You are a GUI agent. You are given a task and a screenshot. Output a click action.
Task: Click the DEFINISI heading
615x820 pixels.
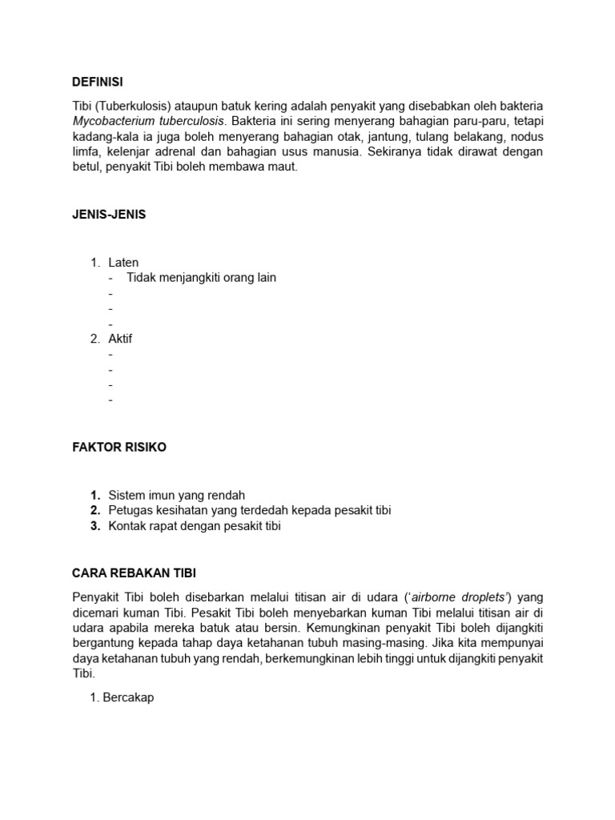pyautogui.click(x=98, y=82)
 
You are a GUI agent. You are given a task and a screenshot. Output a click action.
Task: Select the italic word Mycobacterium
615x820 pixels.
pyautogui.click(x=112, y=121)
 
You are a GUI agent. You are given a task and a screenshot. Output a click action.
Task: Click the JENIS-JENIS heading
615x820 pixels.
pyautogui.click(x=109, y=215)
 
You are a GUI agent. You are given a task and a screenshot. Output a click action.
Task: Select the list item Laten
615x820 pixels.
pyautogui.click(x=123, y=263)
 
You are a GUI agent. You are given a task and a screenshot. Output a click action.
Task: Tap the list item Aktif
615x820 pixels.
pyautogui.click(x=120, y=339)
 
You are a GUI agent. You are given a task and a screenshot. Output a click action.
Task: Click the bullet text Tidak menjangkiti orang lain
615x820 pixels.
pyautogui.click(x=201, y=278)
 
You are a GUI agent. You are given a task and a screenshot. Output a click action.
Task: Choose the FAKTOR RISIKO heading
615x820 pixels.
pyautogui.click(x=119, y=448)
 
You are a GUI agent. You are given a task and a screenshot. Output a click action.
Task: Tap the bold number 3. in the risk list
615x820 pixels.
pyautogui.click(x=94, y=526)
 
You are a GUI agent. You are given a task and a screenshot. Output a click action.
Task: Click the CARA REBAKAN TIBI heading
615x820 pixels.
pyautogui.click(x=134, y=573)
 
